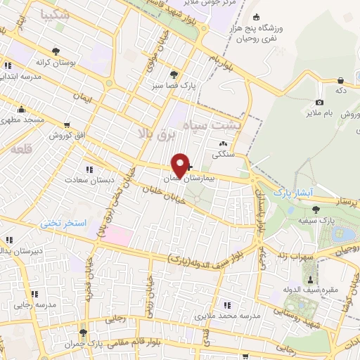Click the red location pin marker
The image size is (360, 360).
click(x=181, y=165)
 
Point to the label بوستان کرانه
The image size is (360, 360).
click(x=56, y=63)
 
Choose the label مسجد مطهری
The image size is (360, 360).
click(x=23, y=120)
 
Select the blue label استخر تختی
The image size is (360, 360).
click(x=63, y=223)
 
